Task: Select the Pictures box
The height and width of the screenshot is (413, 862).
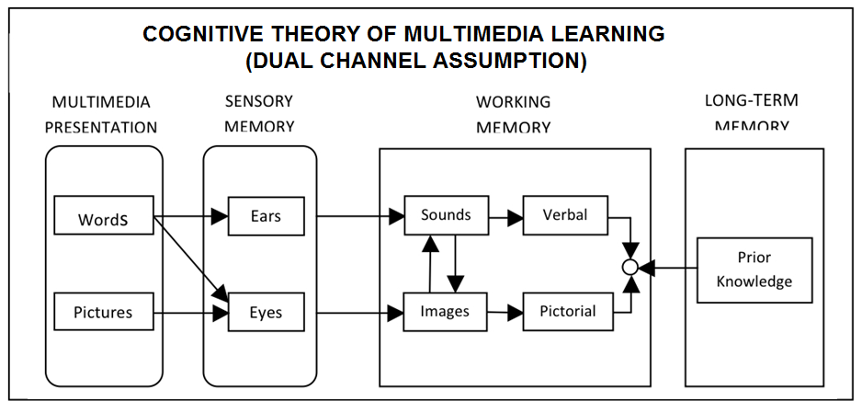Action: click(103, 312)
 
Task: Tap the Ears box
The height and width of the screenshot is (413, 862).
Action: click(265, 217)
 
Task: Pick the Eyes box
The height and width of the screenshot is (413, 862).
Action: click(265, 312)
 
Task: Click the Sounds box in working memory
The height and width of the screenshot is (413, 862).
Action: click(446, 215)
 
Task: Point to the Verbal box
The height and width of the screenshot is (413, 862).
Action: click(565, 215)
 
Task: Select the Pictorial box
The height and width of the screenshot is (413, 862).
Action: click(567, 312)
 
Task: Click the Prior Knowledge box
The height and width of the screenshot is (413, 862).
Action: click(754, 270)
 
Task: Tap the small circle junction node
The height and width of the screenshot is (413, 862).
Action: click(629, 268)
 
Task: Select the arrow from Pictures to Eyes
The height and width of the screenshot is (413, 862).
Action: click(190, 313)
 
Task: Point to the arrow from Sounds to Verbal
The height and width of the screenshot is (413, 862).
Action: click(505, 218)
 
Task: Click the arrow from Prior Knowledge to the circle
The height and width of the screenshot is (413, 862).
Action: click(668, 268)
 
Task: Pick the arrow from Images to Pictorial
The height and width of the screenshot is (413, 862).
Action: click(505, 313)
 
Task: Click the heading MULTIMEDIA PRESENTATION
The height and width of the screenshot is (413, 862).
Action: click(101, 115)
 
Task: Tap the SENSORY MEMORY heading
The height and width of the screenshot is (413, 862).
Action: click(259, 113)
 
